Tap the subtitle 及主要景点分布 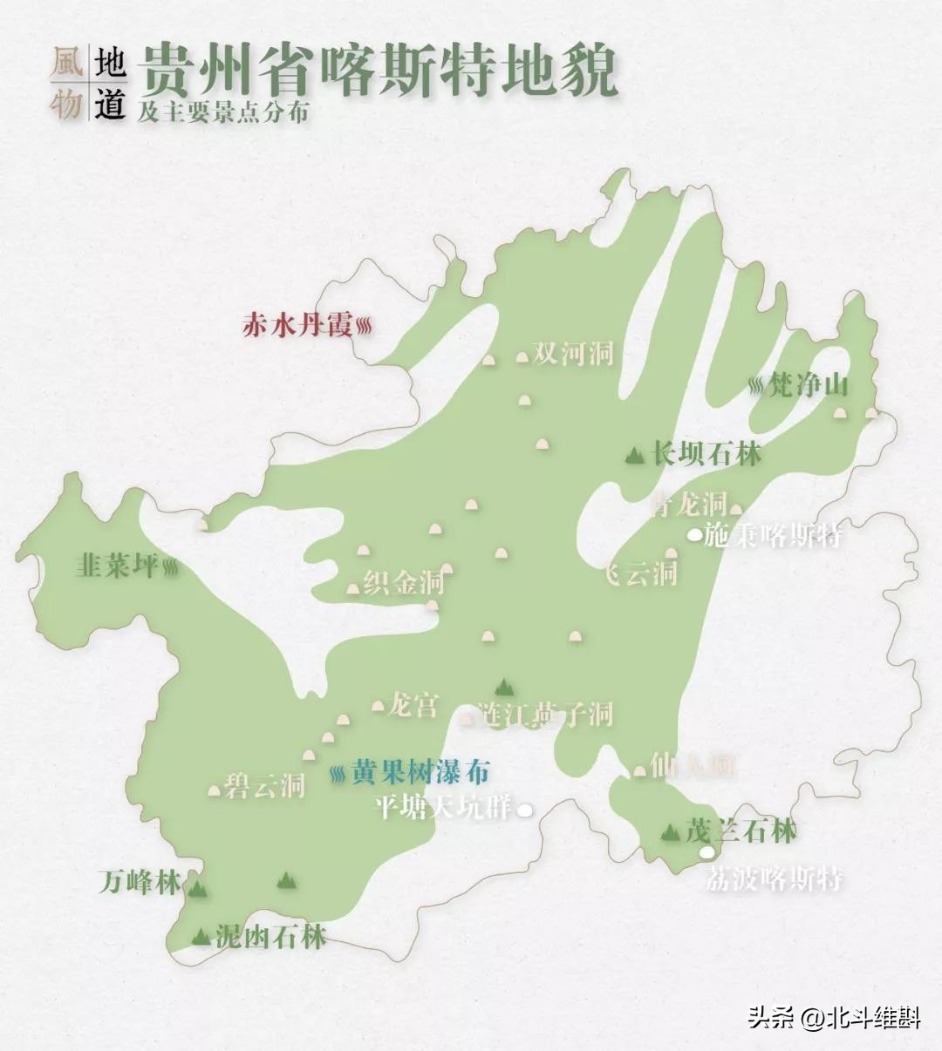pyautogui.click(x=222, y=112)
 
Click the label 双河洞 pyautogui.click(x=573, y=353)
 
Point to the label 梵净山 pyautogui.click(x=808, y=384)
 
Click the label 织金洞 pyautogui.click(x=404, y=583)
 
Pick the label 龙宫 pyautogui.click(x=413, y=704)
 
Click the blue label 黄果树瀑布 pyautogui.click(x=420, y=772)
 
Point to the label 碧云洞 pyautogui.click(x=264, y=785)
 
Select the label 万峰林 pyautogui.click(x=140, y=883)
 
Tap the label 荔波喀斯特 pyautogui.click(x=774, y=878)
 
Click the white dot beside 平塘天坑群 pyautogui.click(x=525, y=810)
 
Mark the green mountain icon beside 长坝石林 pyautogui.click(x=636, y=454)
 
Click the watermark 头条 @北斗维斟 pyautogui.click(x=834, y=1017)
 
